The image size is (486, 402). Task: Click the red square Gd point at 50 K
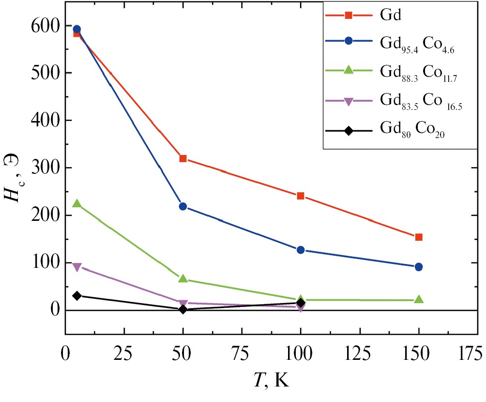click(183, 158)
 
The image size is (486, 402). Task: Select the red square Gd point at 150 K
click(419, 237)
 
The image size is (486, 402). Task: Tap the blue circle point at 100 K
click(301, 250)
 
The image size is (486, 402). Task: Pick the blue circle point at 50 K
click(183, 206)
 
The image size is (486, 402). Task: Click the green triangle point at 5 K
click(76, 203)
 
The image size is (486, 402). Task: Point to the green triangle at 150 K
click(419, 300)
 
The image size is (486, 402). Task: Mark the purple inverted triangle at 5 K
click(76, 267)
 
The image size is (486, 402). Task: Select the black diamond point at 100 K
click(301, 303)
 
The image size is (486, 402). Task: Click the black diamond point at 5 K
click(76, 295)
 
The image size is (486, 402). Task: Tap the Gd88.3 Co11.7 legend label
click(416, 72)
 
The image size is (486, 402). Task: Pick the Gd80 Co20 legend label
click(412, 131)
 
